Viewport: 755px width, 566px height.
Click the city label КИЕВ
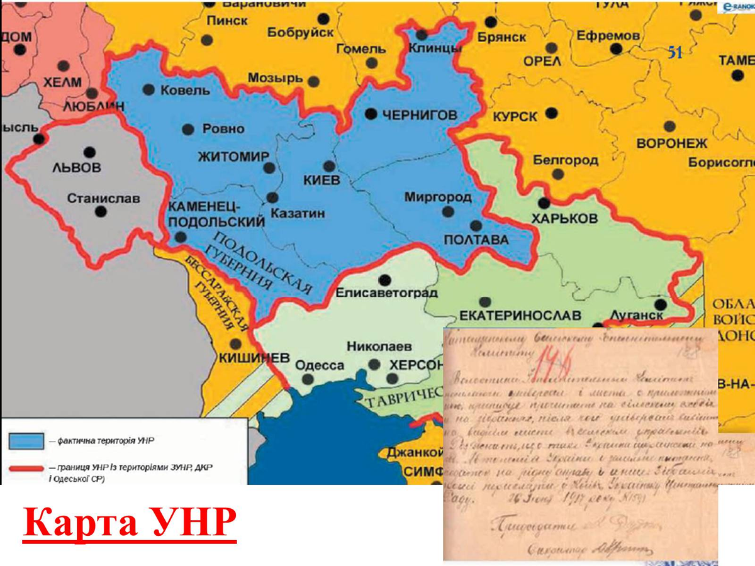[x=322, y=180]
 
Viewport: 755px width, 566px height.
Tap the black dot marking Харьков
[x=544, y=204]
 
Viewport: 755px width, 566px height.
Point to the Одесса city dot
[x=307, y=379]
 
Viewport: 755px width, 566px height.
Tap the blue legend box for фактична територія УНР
[x=26, y=440]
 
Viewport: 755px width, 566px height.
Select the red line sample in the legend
[x=26, y=468]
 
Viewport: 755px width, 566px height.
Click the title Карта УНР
[x=130, y=524]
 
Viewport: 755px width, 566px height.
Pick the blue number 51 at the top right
[x=675, y=53]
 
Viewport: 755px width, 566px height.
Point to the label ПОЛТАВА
[x=476, y=240]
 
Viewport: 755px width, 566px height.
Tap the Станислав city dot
[x=101, y=212]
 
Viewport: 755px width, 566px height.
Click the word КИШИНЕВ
[x=254, y=358]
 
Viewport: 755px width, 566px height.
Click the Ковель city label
[x=185, y=90]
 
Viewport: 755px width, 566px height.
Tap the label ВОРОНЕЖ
[x=672, y=143]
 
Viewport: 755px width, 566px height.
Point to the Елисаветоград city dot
[x=384, y=279]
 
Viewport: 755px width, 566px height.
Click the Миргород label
[x=438, y=197]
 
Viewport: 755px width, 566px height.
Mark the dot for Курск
[x=551, y=113]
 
